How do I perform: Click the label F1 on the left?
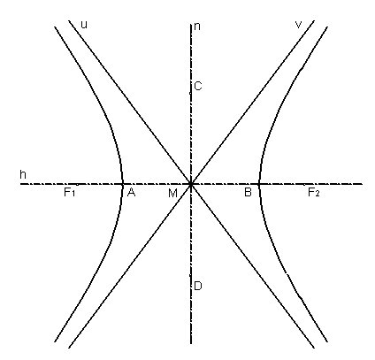click(x=70, y=193)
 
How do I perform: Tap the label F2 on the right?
click(x=314, y=193)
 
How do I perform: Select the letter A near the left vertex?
click(x=131, y=193)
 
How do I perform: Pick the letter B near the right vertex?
click(x=248, y=193)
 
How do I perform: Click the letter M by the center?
click(x=172, y=194)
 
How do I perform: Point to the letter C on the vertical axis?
click(x=198, y=86)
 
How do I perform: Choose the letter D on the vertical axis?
click(x=198, y=286)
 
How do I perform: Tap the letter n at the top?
click(x=197, y=27)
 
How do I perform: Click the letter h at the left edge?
click(x=23, y=174)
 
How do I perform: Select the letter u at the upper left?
click(x=84, y=25)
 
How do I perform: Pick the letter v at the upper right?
click(x=299, y=25)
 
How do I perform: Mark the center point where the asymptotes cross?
click(x=191, y=184)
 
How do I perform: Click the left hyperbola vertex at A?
click(x=122, y=184)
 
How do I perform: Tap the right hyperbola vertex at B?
click(x=259, y=184)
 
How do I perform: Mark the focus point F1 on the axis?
click(x=77, y=185)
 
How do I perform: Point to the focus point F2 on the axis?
click(x=304, y=185)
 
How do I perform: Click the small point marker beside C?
click(x=190, y=93)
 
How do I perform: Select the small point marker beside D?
click(x=190, y=275)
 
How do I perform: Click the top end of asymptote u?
click(x=69, y=20)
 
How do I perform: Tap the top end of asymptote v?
click(x=314, y=20)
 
